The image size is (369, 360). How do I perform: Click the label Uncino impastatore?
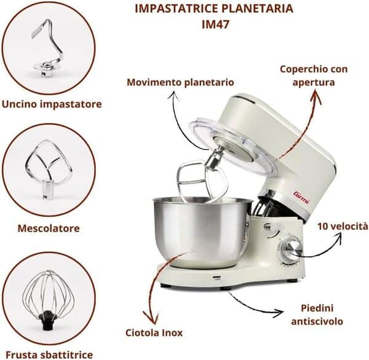51,104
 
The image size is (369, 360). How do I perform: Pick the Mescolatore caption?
49,229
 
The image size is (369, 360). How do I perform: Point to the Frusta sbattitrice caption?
49,354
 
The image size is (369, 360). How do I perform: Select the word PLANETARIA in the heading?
258,9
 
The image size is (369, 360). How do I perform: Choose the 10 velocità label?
342,226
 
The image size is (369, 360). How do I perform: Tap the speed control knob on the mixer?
292,249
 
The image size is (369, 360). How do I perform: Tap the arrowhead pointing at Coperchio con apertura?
317,94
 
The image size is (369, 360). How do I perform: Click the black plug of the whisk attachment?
49,318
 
